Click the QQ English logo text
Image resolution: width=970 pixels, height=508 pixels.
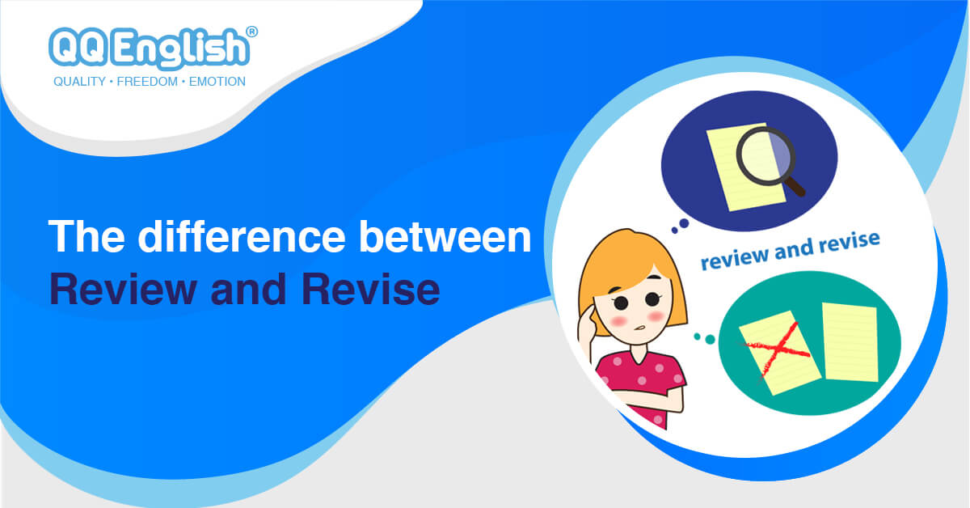tap(149, 48)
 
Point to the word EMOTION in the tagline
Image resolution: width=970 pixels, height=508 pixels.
tap(217, 82)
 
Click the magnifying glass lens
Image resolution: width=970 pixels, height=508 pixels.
tap(767, 154)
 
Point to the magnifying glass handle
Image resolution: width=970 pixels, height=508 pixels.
tap(795, 187)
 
